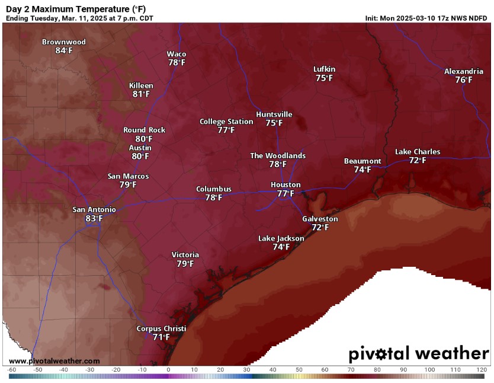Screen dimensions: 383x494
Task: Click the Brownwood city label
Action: point(63,42)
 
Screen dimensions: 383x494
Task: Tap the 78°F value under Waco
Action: point(177,62)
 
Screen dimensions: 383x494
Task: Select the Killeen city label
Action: point(141,86)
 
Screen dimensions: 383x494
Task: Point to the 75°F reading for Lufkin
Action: point(324,78)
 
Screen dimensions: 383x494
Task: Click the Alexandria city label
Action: point(464,71)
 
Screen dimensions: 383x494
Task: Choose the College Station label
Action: point(226,122)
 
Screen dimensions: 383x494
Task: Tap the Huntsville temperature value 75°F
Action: point(274,123)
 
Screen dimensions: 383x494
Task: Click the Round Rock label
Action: point(144,130)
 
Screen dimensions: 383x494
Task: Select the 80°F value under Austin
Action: point(140,156)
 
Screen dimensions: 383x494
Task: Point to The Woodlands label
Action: point(278,156)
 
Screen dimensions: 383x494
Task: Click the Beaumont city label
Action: point(363,161)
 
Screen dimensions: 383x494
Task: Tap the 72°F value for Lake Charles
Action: point(418,160)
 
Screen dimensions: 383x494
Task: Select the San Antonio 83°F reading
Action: point(94,218)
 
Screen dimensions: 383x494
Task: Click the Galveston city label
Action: point(320,219)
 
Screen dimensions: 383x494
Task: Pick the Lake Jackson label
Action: point(281,238)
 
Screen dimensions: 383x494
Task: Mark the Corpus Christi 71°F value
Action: point(161,337)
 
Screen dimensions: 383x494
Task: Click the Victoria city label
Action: point(185,255)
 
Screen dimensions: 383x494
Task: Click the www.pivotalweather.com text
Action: point(54,360)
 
